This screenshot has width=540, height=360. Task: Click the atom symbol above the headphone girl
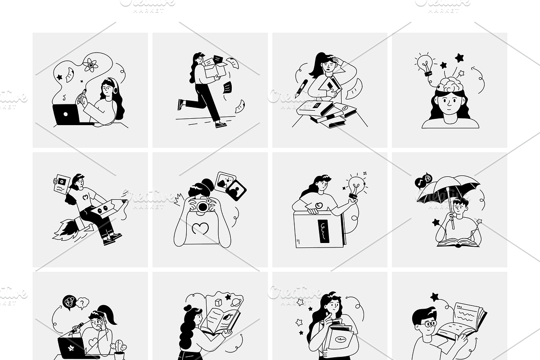coord(91,66)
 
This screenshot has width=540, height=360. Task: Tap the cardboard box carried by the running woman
coord(215,70)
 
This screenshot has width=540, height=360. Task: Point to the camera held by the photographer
coord(202,206)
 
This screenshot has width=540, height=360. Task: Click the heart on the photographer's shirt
coord(201,229)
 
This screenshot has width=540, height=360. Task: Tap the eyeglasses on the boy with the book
coord(430,324)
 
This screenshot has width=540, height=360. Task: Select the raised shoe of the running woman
coord(181,105)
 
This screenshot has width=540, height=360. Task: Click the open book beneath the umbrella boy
coord(458,242)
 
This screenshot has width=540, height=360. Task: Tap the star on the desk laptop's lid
coord(71,348)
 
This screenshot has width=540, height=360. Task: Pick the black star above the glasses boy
coord(434,297)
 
